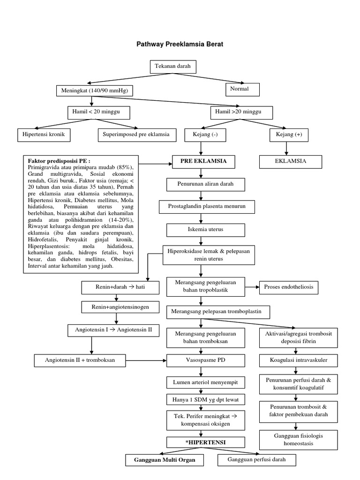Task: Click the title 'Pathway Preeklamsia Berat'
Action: click(180, 45)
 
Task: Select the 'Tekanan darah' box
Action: click(173, 67)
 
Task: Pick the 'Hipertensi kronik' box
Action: click(44, 135)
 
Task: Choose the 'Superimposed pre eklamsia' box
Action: click(137, 135)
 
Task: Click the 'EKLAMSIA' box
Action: click(291, 161)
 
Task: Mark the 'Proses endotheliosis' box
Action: click(289, 287)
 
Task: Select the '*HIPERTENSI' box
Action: click(200, 442)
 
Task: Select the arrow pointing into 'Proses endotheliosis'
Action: click(253, 287)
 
